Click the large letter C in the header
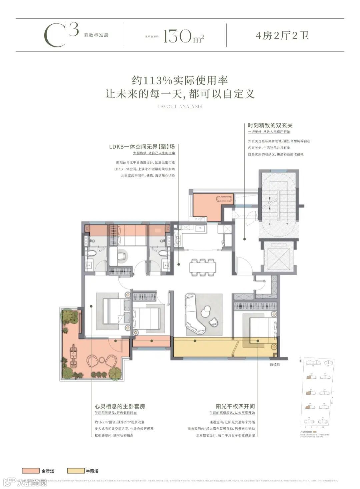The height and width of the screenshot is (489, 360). (55, 36)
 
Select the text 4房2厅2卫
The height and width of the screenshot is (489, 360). (282, 35)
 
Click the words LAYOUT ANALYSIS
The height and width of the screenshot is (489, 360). (180, 107)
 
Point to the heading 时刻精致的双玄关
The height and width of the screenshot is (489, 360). (270, 125)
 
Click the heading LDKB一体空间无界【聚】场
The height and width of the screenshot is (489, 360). (142, 147)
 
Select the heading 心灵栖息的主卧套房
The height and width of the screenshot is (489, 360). (120, 406)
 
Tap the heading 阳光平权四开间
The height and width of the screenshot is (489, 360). (235, 406)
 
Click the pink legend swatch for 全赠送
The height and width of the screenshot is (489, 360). (31, 471)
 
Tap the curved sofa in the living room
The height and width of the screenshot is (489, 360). (195, 314)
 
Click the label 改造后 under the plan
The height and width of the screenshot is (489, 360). (275, 365)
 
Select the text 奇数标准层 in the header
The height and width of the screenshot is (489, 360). (96, 35)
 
